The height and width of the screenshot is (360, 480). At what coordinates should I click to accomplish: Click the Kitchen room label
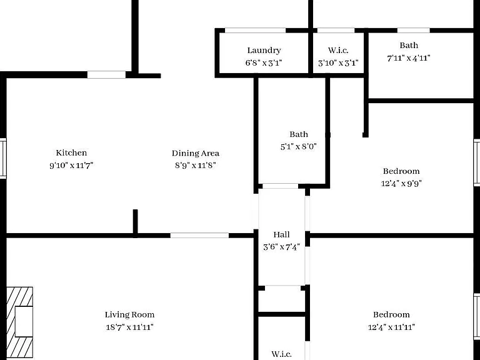point(71,152)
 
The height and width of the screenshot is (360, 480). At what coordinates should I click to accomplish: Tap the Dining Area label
point(195,153)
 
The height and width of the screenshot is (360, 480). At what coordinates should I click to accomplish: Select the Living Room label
point(129,315)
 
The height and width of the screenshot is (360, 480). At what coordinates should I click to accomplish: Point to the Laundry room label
point(264,51)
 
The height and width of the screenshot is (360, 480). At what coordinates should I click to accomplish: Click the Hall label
point(281,235)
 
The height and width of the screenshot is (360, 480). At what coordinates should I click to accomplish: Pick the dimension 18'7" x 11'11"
point(129,327)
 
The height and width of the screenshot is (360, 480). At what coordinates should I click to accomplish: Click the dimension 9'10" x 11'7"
point(71,166)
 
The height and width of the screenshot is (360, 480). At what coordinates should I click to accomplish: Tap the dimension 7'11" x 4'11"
point(409,58)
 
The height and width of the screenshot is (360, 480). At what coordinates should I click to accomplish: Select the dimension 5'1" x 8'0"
point(299,147)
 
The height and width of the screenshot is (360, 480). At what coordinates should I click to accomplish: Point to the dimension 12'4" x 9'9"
point(401,183)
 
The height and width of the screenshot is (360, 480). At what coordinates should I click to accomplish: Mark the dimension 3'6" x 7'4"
point(281,247)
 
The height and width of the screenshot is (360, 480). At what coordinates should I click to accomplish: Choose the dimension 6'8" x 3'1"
point(264,63)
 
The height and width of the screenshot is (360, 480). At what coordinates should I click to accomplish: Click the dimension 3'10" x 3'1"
point(338,63)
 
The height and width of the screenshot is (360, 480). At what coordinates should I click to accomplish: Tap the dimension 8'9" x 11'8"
point(195,166)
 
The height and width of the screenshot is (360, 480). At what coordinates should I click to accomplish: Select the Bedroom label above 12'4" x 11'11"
point(391,315)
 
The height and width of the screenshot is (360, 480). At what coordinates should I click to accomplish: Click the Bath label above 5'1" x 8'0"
point(299,134)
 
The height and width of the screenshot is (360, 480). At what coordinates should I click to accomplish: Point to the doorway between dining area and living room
point(199,236)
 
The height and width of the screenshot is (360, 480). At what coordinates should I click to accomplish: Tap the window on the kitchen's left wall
point(3,158)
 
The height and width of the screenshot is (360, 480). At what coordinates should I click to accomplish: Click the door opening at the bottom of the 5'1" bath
point(281,186)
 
